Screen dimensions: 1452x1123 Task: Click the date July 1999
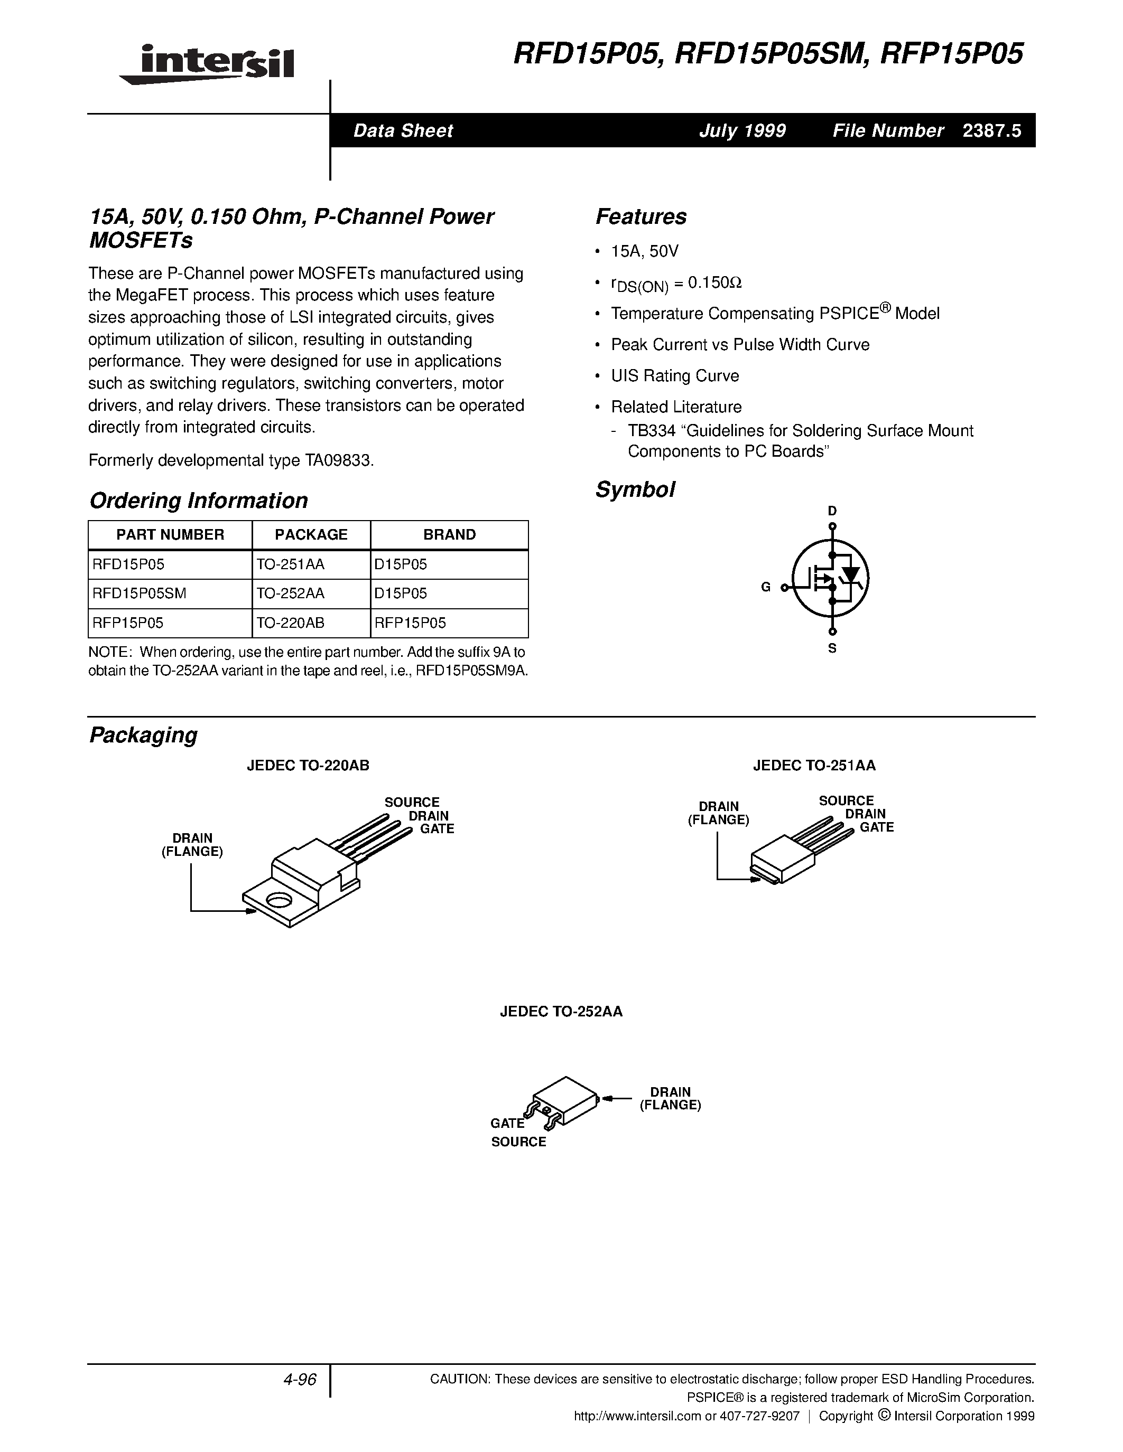click(742, 131)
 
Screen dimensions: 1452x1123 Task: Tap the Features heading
click(641, 216)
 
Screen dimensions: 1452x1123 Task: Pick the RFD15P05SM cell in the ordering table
click(139, 593)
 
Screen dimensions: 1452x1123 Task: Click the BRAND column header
click(449, 534)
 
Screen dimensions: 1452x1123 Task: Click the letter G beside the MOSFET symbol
click(766, 587)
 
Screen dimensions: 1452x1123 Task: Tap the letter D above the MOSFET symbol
click(832, 511)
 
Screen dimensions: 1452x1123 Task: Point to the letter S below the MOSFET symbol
click(832, 648)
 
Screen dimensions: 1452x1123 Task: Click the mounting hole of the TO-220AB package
click(278, 901)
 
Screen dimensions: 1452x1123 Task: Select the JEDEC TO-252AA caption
click(561, 1012)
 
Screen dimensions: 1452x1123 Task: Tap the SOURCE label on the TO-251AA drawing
click(846, 801)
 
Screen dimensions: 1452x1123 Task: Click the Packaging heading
click(143, 734)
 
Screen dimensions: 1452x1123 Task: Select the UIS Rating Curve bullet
click(675, 375)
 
